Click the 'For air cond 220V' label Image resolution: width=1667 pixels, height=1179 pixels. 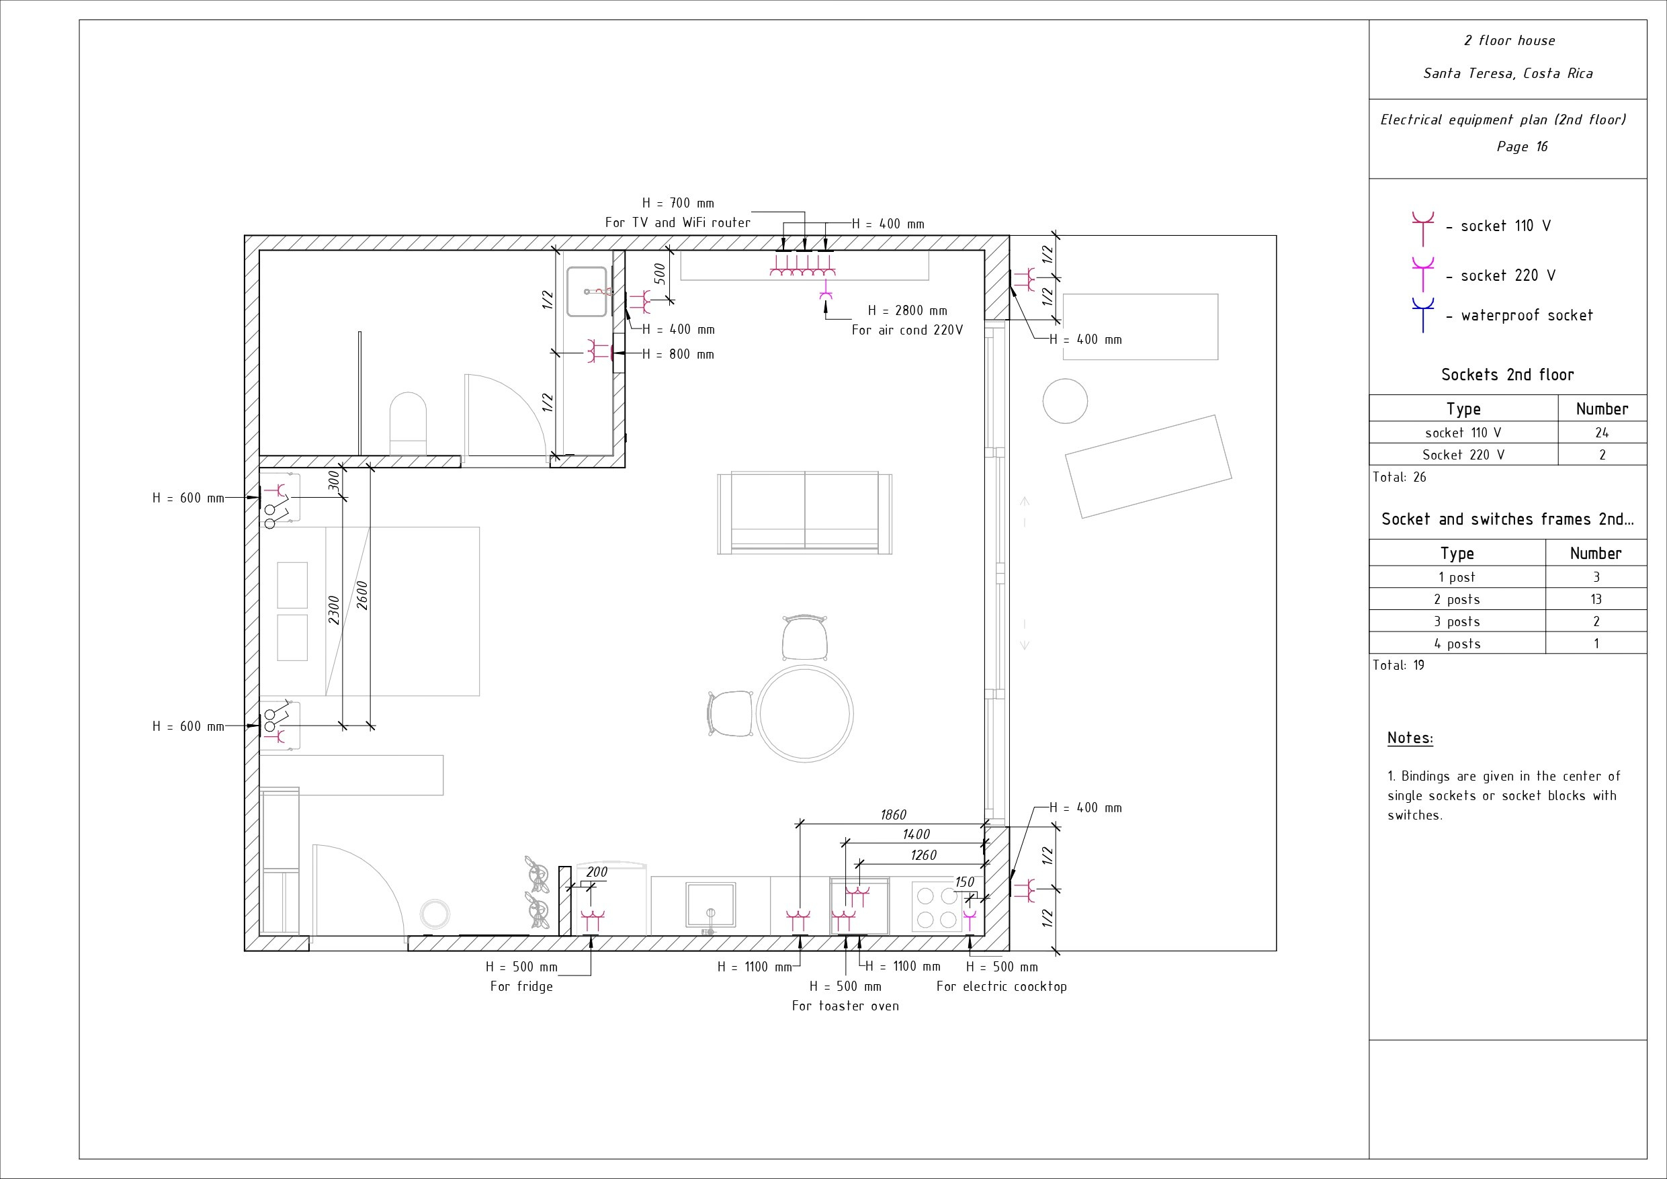pyautogui.click(x=907, y=331)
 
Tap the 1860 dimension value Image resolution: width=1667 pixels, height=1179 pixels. pyautogui.click(x=893, y=815)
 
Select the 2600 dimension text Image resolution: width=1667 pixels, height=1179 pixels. pyautogui.click(x=362, y=595)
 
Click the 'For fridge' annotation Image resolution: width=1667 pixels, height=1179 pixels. pyautogui.click(x=521, y=987)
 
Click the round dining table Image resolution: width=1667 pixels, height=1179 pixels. pyautogui.click(x=804, y=713)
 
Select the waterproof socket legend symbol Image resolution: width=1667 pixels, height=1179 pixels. pyautogui.click(x=1422, y=314)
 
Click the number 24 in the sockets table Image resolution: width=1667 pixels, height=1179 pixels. pyautogui.click(x=1602, y=433)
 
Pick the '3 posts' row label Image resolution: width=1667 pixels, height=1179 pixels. pyautogui.click(x=1457, y=621)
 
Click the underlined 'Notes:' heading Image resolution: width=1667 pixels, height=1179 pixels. pyautogui.click(x=1410, y=738)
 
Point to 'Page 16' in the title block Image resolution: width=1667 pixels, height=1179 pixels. pyautogui.click(x=1522, y=146)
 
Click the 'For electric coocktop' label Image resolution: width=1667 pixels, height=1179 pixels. pyautogui.click(x=1001, y=987)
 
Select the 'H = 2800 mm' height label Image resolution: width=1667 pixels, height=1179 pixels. pyautogui.click(x=908, y=311)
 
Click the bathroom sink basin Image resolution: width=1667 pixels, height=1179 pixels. pyautogui.click(x=587, y=291)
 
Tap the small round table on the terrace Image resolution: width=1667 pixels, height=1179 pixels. pyautogui.click(x=1065, y=401)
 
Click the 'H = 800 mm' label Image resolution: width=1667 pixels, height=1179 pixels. pyautogui.click(x=678, y=355)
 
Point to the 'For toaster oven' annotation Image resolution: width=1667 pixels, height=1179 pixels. pyautogui.click(x=845, y=1006)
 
